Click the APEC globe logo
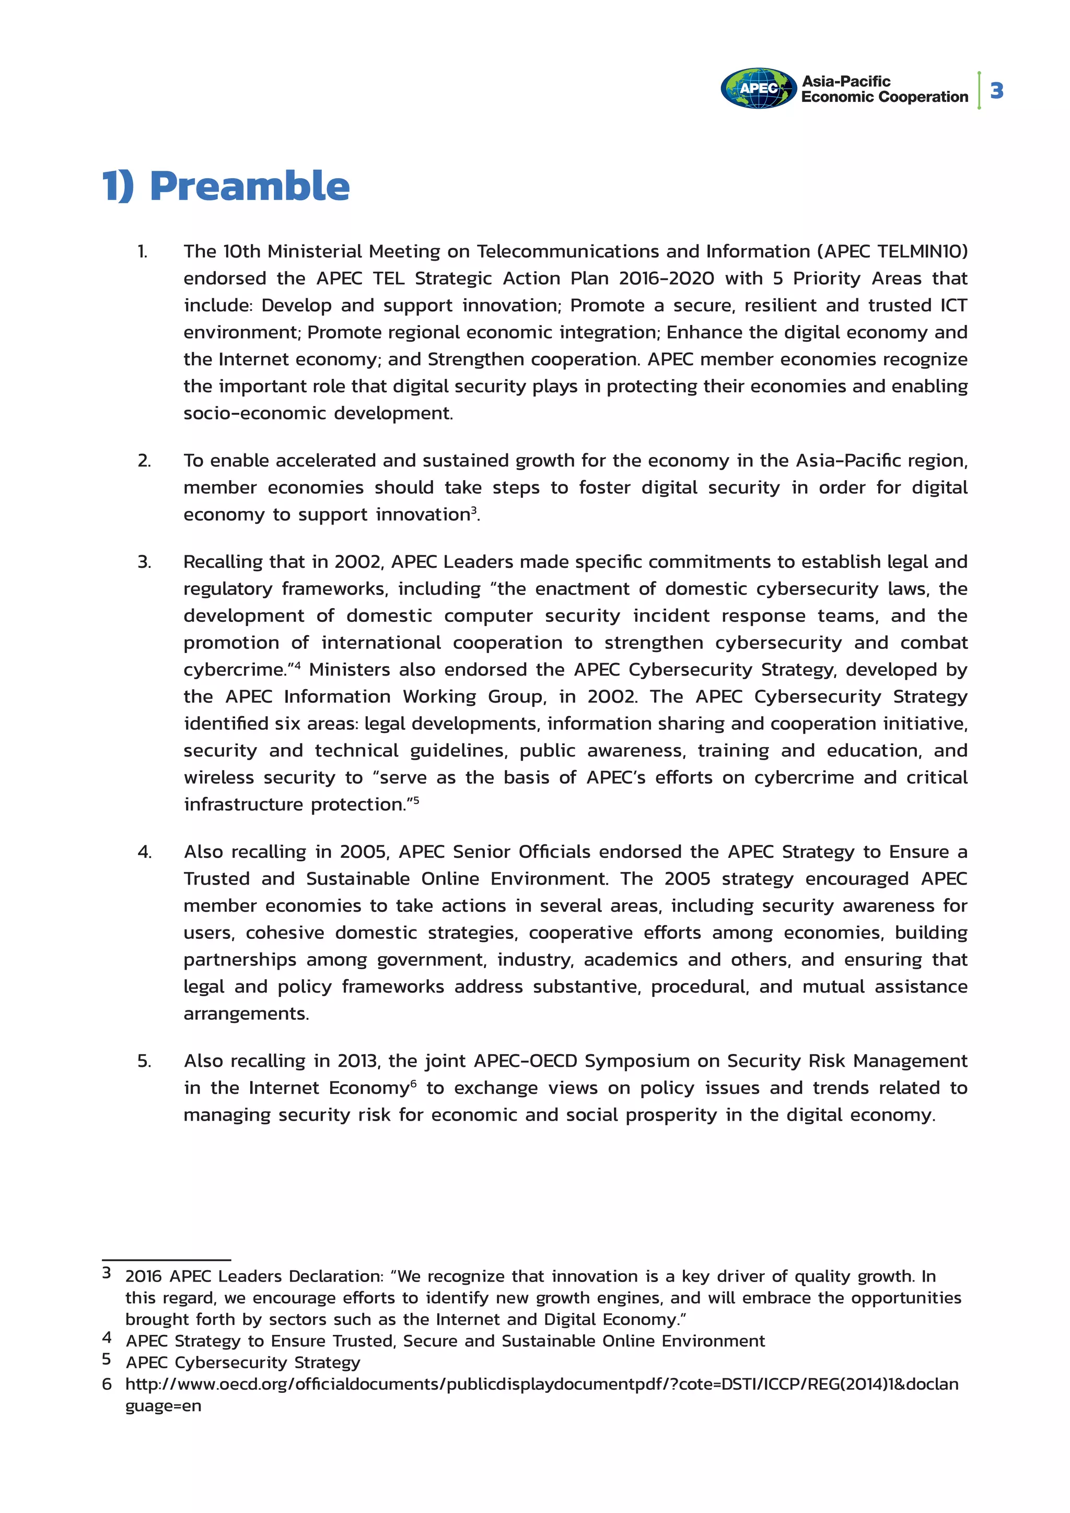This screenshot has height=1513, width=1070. tap(759, 88)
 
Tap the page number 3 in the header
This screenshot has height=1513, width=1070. tap(996, 90)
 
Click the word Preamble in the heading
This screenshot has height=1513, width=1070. tap(250, 186)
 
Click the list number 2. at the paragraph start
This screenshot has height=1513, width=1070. tap(144, 461)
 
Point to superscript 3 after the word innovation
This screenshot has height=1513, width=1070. tap(474, 509)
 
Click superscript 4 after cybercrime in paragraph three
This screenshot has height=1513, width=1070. tap(297, 665)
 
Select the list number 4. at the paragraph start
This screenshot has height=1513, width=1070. tap(144, 852)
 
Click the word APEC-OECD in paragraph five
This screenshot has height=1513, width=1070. tap(525, 1061)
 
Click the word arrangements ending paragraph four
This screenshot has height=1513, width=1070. tap(246, 1014)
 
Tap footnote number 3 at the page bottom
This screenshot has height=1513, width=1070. tap(106, 1273)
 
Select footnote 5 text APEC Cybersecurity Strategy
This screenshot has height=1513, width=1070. tap(243, 1362)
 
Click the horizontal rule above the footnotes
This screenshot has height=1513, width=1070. tap(166, 1259)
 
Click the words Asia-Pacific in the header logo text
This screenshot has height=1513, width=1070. tap(845, 81)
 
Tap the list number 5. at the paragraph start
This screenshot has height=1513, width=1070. tap(144, 1061)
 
